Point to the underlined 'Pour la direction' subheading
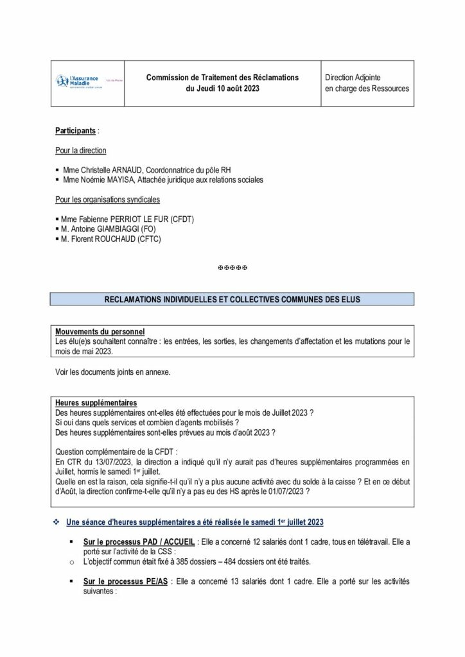81,150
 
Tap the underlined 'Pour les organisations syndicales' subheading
107,200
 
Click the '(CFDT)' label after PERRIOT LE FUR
182,219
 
